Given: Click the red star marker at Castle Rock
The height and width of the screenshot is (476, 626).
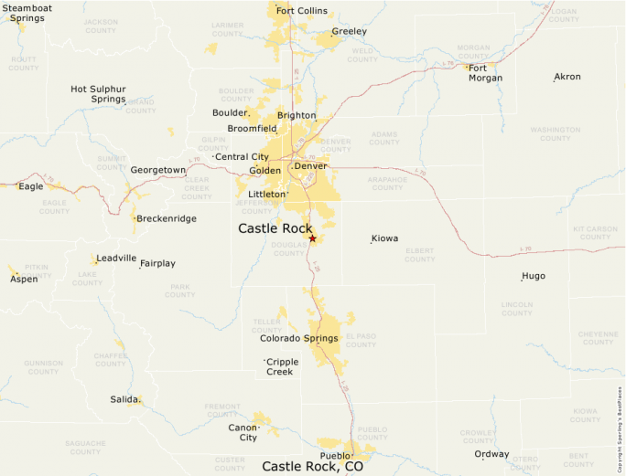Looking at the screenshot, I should [x=312, y=238].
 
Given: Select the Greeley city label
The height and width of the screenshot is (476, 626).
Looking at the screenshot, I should [x=349, y=31].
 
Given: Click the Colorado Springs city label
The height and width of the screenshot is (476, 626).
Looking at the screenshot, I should [x=298, y=338].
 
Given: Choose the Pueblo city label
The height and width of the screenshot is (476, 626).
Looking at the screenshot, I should [x=334, y=455].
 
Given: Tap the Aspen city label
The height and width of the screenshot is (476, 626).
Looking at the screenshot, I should [x=24, y=279].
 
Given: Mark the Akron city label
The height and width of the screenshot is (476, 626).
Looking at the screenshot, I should [x=567, y=77].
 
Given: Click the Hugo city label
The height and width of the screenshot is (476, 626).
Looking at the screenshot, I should [x=534, y=276].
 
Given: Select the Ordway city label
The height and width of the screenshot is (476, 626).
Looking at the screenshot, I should [x=491, y=454].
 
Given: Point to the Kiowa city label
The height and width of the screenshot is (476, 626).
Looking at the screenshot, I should [x=384, y=238].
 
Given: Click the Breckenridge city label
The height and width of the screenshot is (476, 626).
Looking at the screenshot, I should [x=167, y=218].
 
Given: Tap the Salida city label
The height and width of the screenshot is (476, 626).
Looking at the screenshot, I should [x=124, y=399].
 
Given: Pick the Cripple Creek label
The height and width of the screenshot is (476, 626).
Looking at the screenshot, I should [x=280, y=366].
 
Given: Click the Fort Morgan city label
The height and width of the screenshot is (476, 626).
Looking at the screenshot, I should [x=485, y=72].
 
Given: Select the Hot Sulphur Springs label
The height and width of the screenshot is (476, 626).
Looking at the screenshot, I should [x=97, y=93].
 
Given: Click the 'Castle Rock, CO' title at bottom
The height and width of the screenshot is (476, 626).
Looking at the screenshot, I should [x=312, y=466].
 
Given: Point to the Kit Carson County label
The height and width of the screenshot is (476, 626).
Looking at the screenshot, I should [x=595, y=232].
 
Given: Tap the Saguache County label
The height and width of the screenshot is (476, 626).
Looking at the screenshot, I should [x=85, y=448].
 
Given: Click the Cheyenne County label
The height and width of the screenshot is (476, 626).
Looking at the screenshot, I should [x=599, y=337].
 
